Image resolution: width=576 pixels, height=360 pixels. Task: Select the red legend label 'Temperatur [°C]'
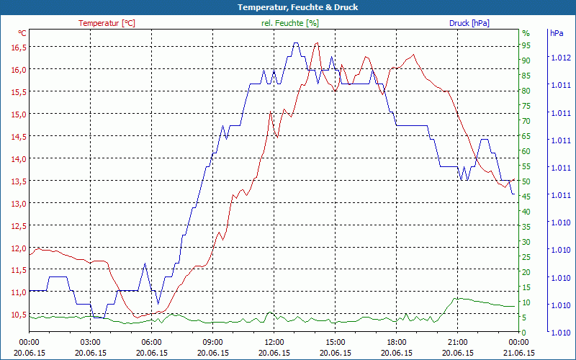point(107,23)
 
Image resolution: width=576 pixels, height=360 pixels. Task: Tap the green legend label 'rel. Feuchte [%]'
point(290,23)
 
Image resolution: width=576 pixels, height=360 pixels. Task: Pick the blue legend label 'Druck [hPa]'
point(469,23)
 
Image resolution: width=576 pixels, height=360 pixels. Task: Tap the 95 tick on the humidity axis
point(526,45)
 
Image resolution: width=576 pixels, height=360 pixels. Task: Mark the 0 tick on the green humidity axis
point(524,333)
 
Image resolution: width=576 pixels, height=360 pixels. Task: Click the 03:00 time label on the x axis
point(90,343)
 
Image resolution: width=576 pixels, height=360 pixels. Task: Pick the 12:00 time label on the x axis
point(274,343)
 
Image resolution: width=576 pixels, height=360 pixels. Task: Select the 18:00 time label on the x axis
point(397,343)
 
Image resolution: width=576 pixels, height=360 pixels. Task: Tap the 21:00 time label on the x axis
point(458,343)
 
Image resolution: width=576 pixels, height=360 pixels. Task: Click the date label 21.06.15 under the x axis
point(519,353)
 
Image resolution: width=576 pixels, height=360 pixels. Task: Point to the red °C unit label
point(22,33)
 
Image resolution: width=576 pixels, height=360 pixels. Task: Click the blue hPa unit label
point(557,33)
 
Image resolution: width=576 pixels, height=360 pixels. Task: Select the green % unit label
point(526,33)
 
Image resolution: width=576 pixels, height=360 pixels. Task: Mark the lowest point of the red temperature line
point(137,317)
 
